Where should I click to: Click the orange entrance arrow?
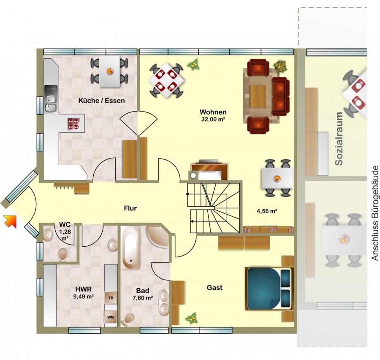click(10, 222)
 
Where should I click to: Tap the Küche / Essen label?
click(101, 101)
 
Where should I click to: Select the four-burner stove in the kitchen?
click(73, 124)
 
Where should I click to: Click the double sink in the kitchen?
click(51, 99)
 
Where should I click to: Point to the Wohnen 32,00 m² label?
click(213, 115)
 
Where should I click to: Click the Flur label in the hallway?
click(130, 208)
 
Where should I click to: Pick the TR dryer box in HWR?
click(111, 297)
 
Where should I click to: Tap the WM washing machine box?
click(111, 317)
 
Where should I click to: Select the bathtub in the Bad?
click(130, 248)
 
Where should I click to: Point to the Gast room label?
click(214, 288)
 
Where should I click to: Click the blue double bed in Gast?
click(269, 289)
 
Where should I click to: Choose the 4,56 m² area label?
click(267, 211)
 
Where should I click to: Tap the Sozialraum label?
click(339, 139)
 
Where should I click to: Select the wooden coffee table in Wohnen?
click(258, 96)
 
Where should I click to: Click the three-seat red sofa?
click(281, 97)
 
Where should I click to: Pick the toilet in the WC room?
click(63, 254)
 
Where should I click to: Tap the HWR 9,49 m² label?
click(83, 292)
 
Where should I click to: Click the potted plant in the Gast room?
click(192, 318)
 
